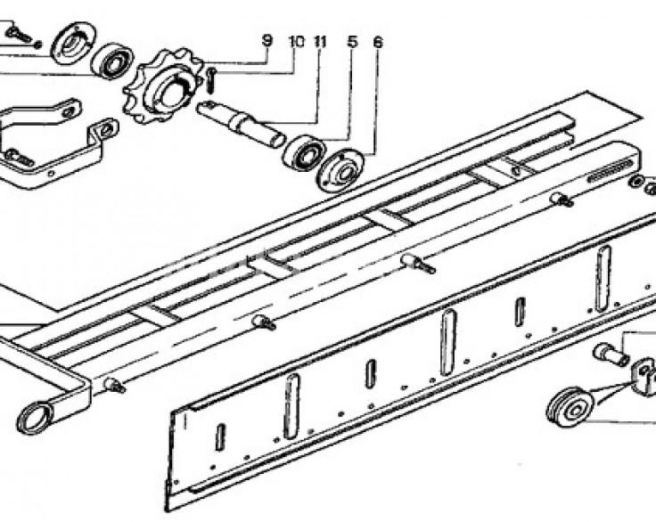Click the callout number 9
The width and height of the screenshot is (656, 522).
(x=266, y=41)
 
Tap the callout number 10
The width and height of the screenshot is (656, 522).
(x=296, y=41)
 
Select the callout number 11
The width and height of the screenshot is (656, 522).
(x=320, y=41)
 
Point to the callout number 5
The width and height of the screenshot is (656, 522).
(x=353, y=41)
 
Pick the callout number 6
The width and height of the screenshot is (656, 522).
(x=378, y=41)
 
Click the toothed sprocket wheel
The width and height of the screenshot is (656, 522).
(x=164, y=86)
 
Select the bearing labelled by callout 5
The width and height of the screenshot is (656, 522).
(x=304, y=153)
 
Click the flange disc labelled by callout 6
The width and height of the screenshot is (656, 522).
(x=339, y=172)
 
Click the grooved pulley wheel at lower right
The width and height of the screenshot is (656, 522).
(x=570, y=408)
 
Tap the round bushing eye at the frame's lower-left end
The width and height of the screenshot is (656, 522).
(x=34, y=417)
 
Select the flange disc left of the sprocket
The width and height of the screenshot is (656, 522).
(x=73, y=44)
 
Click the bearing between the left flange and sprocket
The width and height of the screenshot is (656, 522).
(x=112, y=61)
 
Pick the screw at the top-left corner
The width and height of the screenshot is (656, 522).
(x=19, y=35)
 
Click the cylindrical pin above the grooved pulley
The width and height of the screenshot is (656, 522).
(x=611, y=354)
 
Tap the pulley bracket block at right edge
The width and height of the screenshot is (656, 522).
(x=644, y=376)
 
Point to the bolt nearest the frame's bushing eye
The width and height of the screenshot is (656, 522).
(x=115, y=385)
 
